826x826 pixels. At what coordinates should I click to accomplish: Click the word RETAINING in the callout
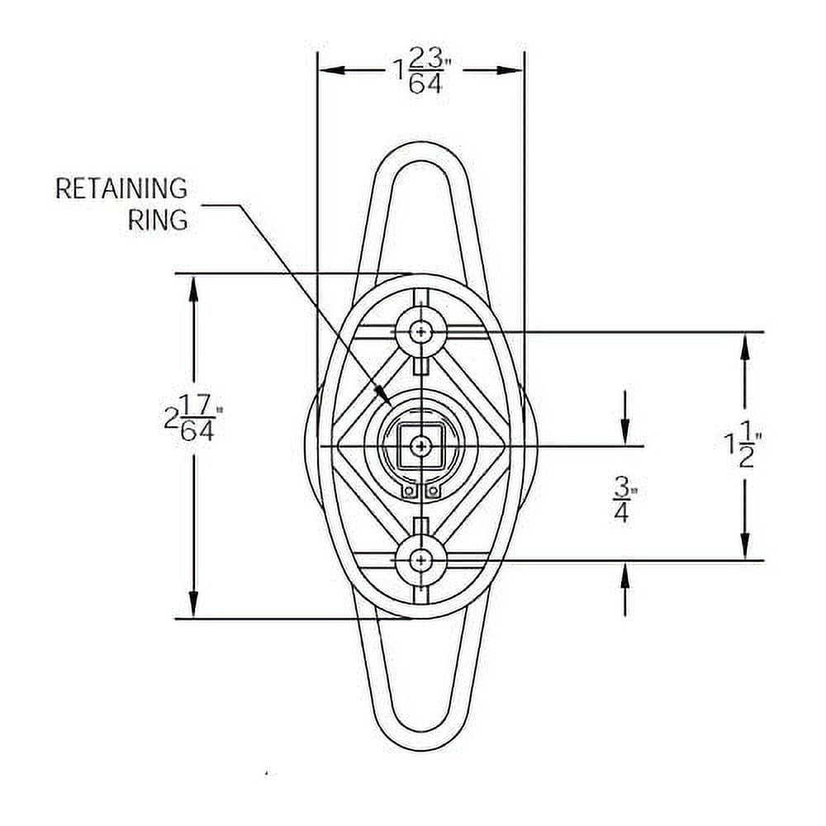(x=121, y=188)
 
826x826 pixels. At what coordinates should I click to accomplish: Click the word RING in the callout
(x=158, y=220)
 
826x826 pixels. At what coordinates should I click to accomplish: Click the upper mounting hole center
(x=420, y=331)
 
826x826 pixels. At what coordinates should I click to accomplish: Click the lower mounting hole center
(x=420, y=560)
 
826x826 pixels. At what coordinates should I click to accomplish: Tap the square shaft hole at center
(x=420, y=446)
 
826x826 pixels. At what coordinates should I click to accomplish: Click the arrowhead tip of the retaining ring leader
(x=389, y=405)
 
